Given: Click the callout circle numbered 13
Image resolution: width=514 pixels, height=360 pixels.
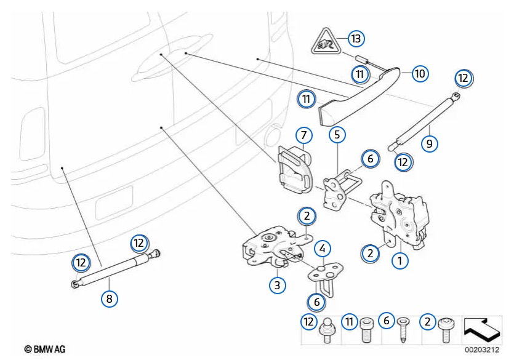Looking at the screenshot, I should point(355,38).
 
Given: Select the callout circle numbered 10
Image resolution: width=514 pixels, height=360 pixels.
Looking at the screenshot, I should point(419,73).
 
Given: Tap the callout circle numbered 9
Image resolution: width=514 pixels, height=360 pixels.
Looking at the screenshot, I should point(430,144).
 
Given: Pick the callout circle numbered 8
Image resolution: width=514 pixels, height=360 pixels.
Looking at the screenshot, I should point(109,298).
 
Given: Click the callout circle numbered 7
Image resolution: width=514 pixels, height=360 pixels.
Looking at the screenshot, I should point(302,134).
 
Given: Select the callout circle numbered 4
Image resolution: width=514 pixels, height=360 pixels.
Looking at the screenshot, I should point(321,249).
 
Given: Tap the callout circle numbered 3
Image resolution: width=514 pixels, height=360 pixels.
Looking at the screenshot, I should point(278,285).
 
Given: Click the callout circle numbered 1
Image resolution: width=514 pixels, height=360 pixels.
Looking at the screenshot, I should point(401,260).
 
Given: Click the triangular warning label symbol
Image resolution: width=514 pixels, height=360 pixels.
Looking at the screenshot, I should point(323,44).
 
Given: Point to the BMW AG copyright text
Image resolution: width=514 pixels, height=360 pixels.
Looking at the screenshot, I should point(44,350).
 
